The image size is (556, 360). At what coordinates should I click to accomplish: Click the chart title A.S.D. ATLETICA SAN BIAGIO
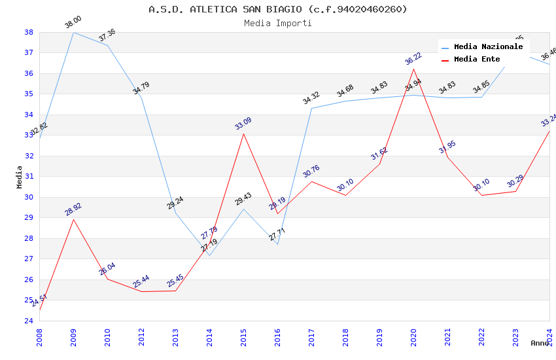(277, 9)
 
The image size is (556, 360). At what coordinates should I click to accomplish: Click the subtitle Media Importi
(277, 23)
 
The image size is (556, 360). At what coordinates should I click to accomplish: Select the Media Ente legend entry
(477, 59)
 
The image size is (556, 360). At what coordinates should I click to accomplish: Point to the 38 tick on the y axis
(29, 32)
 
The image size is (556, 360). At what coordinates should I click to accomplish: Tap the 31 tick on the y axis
(29, 177)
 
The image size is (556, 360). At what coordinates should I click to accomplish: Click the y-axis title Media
(20, 177)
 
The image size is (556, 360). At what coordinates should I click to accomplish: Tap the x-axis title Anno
(540, 343)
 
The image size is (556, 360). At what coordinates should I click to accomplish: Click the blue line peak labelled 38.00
(73, 32)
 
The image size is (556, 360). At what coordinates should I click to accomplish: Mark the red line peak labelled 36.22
(413, 69)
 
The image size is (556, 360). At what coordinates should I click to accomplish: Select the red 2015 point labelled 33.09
(243, 134)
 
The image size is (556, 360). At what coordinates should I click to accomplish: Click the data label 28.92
(73, 209)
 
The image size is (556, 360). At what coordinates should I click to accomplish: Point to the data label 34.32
(311, 99)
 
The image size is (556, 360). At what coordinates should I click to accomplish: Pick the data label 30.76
(311, 171)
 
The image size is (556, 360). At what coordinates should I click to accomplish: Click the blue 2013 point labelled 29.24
(175, 213)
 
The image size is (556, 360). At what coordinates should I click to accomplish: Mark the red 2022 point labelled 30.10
(481, 195)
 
